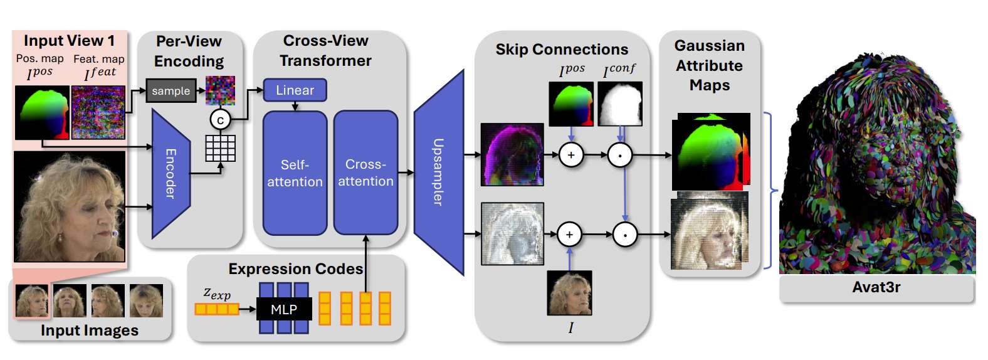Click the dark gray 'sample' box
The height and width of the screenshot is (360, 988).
tap(171, 91)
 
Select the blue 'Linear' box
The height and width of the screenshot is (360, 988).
tap(295, 90)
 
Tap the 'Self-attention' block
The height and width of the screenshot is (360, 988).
tap(295, 173)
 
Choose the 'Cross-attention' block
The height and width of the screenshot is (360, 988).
tap(365, 172)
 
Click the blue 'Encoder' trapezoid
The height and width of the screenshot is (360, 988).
tap(171, 174)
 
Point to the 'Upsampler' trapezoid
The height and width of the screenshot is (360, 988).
tap(438, 172)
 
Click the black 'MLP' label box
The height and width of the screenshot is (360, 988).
tap(283, 309)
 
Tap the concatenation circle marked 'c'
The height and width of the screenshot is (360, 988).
tap(220, 120)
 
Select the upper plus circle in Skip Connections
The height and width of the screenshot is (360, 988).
tap(571, 155)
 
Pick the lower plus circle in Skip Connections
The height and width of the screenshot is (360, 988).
tap(569, 235)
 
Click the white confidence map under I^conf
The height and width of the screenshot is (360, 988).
tap(619, 104)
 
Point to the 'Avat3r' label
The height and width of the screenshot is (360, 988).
tap(876, 288)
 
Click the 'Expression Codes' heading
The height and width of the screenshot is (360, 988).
tap(295, 269)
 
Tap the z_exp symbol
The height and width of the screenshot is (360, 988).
tap(217, 293)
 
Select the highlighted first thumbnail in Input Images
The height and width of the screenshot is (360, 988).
tap(31, 300)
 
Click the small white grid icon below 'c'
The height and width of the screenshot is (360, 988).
tap(221, 148)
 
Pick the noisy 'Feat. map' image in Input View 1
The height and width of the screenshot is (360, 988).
tap(98, 112)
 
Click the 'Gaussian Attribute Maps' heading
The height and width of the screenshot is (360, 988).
tap(710, 65)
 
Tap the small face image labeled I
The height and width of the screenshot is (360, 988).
tap(569, 293)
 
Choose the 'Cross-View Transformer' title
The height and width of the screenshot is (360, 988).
tap(325, 51)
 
